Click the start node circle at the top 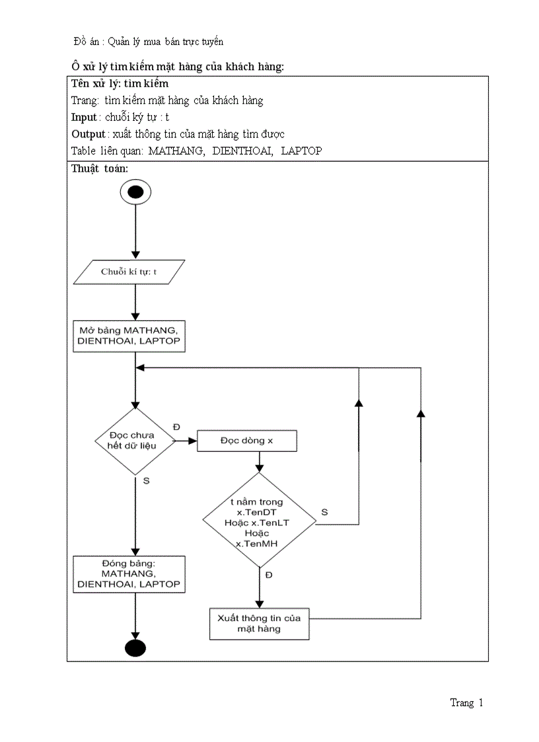tap(135, 192)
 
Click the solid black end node tap(135, 648)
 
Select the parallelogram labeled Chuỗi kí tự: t tap(129, 272)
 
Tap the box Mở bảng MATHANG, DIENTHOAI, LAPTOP tap(129, 336)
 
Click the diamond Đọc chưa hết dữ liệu tap(135, 440)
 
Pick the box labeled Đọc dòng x tap(247, 441)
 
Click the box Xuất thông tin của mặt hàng tap(259, 623)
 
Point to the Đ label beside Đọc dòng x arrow tap(176, 427)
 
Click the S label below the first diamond tap(146, 480)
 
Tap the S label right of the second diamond tap(324, 512)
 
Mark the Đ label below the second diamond tap(269, 575)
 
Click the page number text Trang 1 tap(466, 702)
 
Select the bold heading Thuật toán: tap(100, 168)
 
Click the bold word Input tap(84, 117)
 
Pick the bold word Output tap(88, 133)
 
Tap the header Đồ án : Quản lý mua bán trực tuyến tap(149, 41)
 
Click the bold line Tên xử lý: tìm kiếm tap(120, 84)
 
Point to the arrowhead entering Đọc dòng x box tap(193, 441)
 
